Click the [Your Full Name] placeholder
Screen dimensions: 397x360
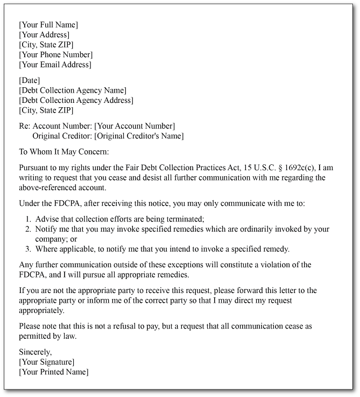tap(48, 25)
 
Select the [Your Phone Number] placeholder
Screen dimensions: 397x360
tap(56, 54)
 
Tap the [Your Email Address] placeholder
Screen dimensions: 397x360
tap(55, 65)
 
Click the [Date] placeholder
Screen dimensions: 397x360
tap(30, 80)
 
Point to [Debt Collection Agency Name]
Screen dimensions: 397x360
tap(73, 90)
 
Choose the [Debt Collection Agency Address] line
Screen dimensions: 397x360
tap(76, 100)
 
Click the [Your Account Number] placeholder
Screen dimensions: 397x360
tap(135, 126)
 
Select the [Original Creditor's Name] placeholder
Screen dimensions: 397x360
tap(139, 136)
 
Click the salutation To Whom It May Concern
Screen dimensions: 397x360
tap(64, 152)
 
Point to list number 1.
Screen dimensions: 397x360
tap(29, 219)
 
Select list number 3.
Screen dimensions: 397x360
tap(29, 249)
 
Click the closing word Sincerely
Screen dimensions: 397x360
tap(36, 352)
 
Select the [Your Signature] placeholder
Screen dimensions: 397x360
tap(47, 362)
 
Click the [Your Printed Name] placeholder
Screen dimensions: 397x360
tap(54, 372)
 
